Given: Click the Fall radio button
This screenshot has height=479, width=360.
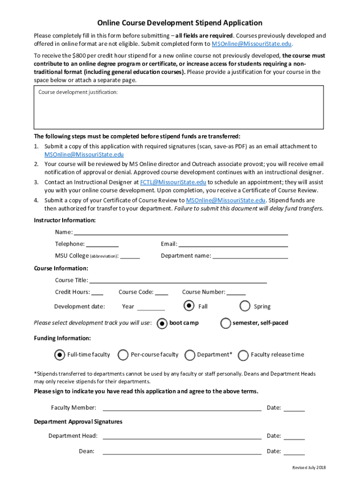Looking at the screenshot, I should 188,305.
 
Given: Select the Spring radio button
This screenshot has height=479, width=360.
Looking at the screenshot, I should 245,306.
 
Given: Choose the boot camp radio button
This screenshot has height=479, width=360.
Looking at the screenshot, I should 162,323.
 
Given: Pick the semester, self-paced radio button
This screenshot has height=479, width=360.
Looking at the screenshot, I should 225,323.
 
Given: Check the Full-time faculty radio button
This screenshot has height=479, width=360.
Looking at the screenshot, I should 59,355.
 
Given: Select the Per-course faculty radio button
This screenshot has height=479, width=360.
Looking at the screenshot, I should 123,355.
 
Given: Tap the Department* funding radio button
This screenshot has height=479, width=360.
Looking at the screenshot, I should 190,355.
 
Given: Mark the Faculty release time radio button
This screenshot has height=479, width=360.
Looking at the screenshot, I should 243,355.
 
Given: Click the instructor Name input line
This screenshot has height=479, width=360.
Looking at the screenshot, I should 181,232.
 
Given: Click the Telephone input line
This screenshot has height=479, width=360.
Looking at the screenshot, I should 102,244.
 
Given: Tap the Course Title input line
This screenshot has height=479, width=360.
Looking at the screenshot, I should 178,280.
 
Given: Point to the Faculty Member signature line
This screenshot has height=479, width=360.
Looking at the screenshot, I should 182,407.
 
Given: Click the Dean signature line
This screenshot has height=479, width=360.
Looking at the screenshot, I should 182,451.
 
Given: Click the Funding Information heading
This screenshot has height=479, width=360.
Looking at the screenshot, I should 62,338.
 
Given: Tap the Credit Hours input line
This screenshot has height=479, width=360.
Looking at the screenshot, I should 97,292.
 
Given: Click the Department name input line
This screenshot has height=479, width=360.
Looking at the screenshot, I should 250,256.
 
